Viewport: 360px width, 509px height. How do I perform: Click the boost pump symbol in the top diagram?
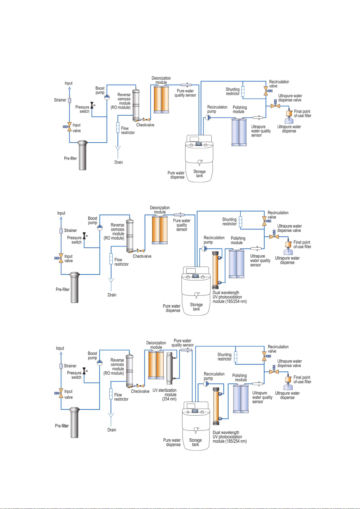tap(107, 97)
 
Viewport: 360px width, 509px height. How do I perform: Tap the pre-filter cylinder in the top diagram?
tap(82, 155)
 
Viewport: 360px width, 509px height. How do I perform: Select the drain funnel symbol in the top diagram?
tap(118, 149)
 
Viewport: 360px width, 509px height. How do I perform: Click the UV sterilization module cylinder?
tap(169, 368)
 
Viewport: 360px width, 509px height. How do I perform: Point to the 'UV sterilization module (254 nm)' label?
tap(164, 395)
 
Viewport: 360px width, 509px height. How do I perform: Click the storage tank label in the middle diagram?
tap(196, 307)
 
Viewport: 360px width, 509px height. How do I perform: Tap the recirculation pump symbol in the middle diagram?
tap(204, 249)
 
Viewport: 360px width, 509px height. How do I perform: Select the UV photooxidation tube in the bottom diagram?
tap(216, 406)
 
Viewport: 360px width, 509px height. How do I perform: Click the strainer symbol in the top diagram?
tap(69, 100)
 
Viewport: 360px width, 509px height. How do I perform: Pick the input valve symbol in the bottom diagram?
tap(61, 393)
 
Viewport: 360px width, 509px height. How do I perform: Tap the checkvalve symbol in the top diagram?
tap(146, 120)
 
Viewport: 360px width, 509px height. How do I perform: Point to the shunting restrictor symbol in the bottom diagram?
tap(236, 356)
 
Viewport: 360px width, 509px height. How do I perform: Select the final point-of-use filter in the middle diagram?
tap(288, 244)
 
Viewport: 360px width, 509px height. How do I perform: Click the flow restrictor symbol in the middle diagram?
tap(111, 259)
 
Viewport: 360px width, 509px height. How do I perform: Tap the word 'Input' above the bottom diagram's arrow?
tap(60, 348)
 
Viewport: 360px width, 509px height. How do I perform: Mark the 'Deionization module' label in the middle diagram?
tap(160, 210)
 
